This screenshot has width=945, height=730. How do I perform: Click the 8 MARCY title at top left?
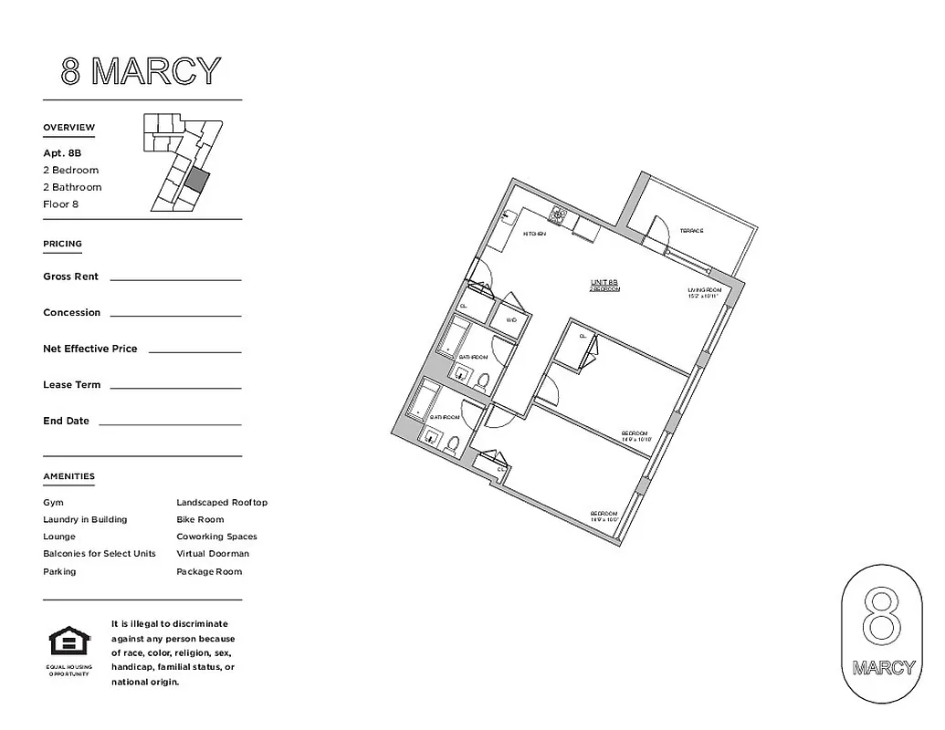pos(142,71)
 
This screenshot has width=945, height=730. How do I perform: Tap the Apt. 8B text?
pos(62,153)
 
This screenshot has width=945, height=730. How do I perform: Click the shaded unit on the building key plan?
pos(196,179)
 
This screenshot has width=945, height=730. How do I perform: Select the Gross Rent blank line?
pos(175,278)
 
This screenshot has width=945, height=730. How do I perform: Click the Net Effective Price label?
pos(90,349)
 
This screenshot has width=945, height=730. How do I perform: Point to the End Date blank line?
pos(170,423)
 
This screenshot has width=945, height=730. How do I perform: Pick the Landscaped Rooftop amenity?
pos(222,503)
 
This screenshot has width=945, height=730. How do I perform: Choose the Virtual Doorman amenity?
pos(213,554)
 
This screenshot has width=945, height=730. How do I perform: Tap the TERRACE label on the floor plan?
pos(691,231)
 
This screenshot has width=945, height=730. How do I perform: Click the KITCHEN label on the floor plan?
pos(534,235)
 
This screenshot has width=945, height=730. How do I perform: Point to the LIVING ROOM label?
pos(704,291)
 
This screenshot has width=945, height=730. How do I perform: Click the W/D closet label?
pos(511,320)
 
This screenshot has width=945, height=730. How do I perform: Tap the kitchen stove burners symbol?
pos(558,216)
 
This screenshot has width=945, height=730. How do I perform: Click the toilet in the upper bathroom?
pos(484,380)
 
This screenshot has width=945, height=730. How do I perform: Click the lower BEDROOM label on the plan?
pos(604,513)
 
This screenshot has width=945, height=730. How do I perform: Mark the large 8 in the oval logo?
pos(882,620)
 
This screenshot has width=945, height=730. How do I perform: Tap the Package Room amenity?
pos(209,572)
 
